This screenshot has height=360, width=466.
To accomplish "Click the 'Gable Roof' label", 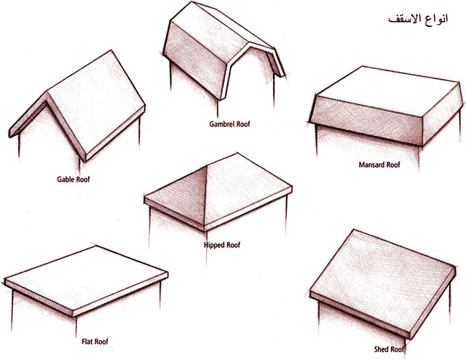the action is click(74, 179).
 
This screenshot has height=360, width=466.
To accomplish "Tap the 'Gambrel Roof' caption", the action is click(230, 124).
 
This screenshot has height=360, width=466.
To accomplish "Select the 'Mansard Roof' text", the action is click(379, 165).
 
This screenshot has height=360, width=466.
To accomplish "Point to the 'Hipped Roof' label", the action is click(222, 245).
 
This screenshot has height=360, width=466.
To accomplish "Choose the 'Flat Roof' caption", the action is click(95, 341).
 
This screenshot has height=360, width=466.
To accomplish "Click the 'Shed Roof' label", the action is click(390, 349).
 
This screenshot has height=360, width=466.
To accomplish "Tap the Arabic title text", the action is click(417, 18).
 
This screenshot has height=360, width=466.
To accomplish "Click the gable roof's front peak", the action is click(47, 93).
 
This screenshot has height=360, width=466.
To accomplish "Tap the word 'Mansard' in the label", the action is click(371, 165).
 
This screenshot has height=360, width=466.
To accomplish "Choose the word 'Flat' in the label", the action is click(87, 341).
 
